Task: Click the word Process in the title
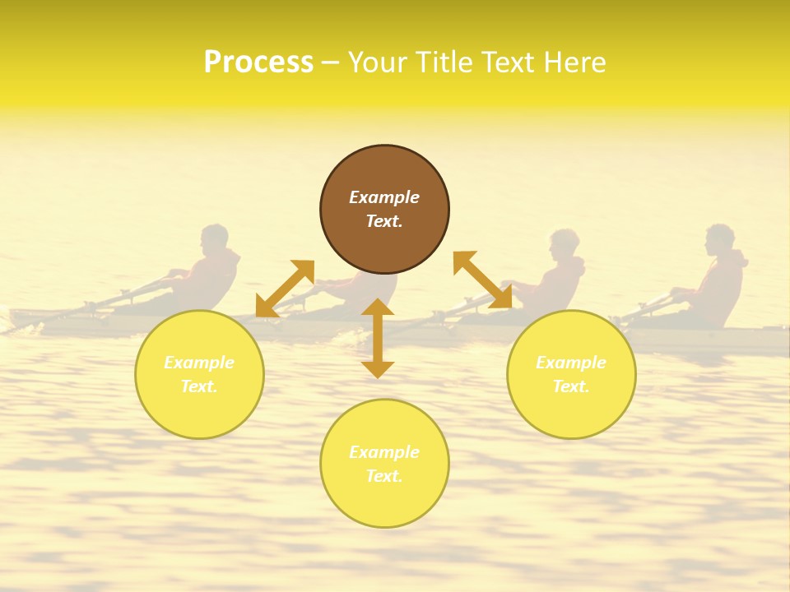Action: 258,62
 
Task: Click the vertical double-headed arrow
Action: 378,338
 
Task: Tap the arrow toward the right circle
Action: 482,280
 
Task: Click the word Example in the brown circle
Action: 384,197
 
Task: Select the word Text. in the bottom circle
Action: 384,476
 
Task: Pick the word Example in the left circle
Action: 199,363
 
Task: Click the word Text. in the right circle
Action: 571,386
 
